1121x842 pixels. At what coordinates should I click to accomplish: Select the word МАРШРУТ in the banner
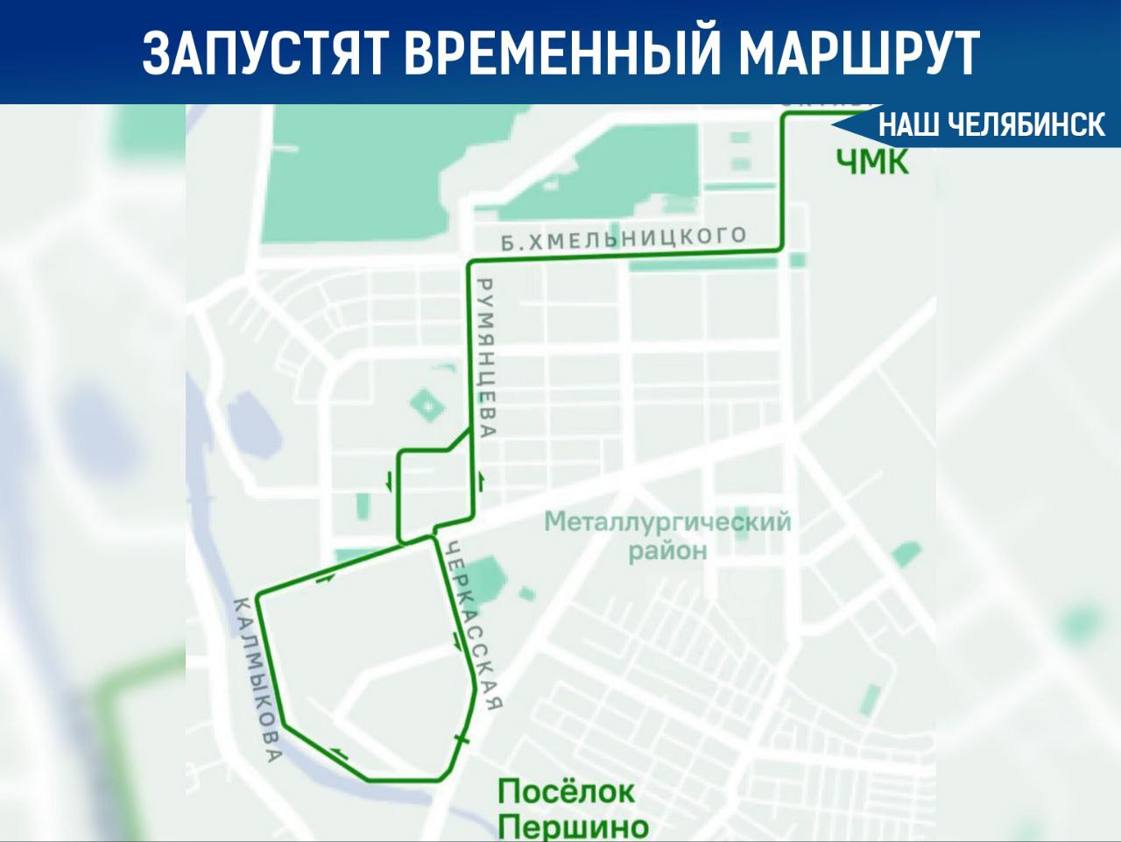(859, 53)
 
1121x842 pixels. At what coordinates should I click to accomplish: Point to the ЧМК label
(872, 161)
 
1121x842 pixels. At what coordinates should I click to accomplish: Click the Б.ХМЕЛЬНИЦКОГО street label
(624, 238)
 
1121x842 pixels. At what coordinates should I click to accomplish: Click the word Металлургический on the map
(666, 522)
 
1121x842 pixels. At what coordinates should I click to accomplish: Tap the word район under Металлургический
(666, 551)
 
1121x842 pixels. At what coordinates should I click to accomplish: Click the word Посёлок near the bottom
(566, 792)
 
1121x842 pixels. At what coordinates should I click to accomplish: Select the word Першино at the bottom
(573, 826)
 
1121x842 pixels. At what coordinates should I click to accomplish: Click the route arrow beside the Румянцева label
(480, 480)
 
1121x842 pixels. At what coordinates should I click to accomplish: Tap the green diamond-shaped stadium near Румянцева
(427, 405)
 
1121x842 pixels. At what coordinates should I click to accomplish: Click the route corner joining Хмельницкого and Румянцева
(471, 263)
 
